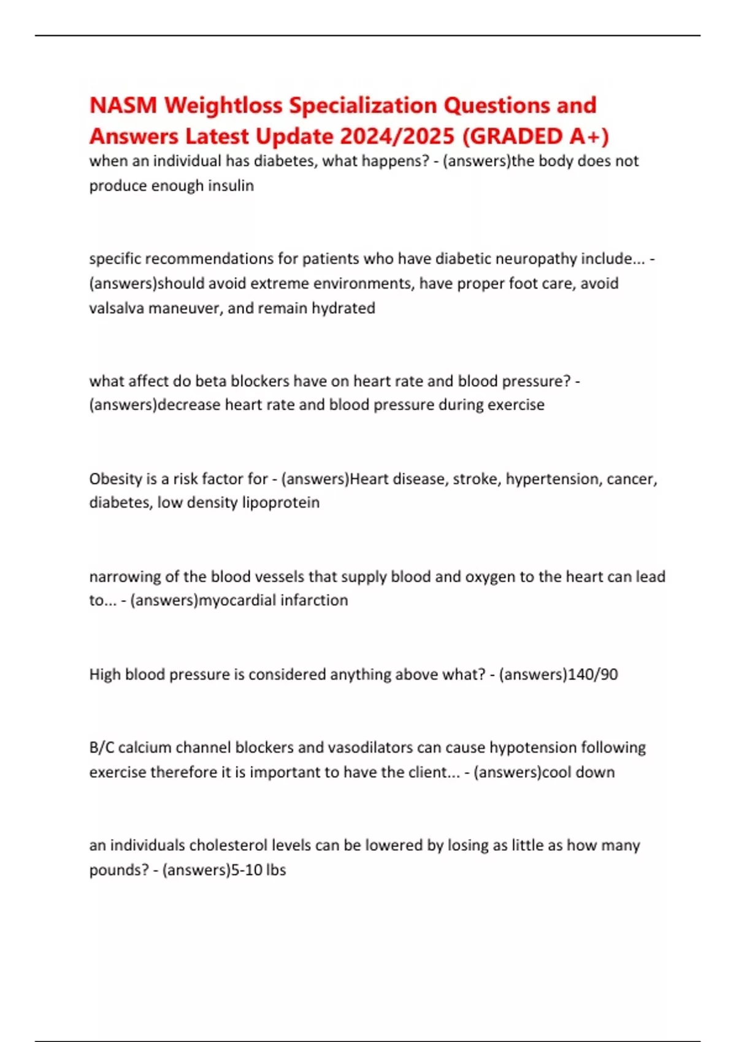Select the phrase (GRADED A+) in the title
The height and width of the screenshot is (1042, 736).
535,136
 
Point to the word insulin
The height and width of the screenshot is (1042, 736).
232,186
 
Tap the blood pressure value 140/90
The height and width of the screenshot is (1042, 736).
593,674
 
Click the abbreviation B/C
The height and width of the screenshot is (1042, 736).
102,748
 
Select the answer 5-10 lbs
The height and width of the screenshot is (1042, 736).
258,870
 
